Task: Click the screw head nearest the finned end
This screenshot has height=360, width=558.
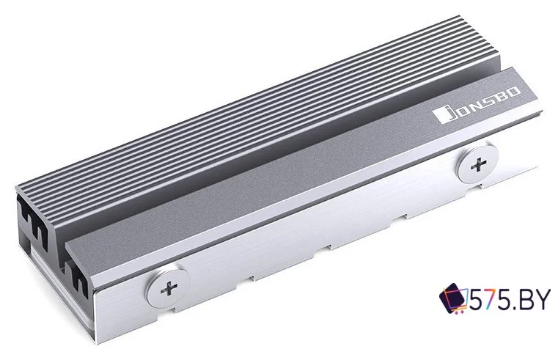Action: pos(168,287)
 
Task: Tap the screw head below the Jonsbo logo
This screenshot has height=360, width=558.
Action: pos(478,164)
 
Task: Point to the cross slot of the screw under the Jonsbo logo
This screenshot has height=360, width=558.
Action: pos(479,165)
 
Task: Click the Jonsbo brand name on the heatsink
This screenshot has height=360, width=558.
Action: pos(477,106)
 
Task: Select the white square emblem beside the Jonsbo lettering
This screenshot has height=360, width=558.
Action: pos(440,116)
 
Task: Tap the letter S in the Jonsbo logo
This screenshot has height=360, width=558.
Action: pos(487,100)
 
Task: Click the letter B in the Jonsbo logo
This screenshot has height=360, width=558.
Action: pos(500,96)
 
